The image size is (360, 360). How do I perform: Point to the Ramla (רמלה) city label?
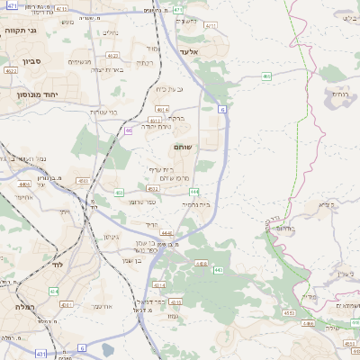[24, 307]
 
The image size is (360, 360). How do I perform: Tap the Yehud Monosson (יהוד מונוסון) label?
[36, 93]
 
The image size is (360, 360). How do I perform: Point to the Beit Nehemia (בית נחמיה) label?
[196, 204]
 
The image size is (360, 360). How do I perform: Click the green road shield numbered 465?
[266, 76]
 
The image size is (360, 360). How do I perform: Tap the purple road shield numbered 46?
[129, 130]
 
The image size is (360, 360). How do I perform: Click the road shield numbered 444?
[193, 192]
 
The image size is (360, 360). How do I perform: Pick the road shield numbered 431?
[41, 355]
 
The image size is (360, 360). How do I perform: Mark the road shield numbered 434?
[54, 292]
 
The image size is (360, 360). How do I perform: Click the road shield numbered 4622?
[11, 70]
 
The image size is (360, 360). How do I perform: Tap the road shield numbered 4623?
[112, 55]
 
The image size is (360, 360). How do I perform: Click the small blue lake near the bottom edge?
[108, 349]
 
